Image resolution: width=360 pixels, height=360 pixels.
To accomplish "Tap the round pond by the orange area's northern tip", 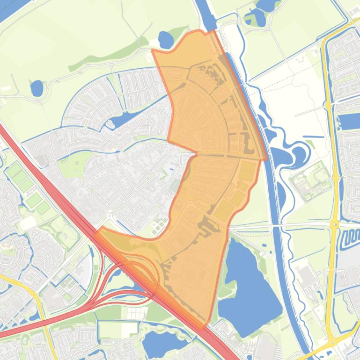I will tap(166, 39).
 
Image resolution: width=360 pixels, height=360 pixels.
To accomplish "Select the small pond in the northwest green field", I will tap(37, 87).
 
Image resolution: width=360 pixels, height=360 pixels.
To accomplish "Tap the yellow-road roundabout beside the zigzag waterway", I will tap(334, 225).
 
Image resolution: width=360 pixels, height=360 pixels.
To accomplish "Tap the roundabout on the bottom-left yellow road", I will tap(35, 296).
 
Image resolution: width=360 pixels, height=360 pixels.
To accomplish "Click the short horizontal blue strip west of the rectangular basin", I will tap(313, 137).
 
